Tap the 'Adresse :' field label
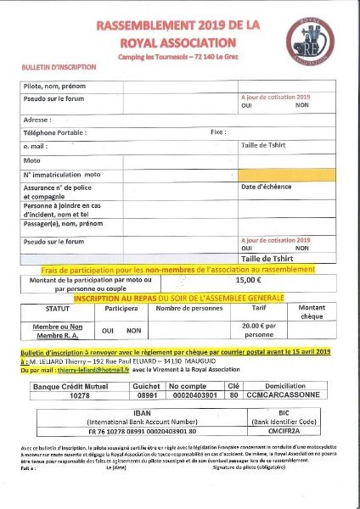tap(38, 120)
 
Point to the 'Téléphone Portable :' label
tap(55, 132)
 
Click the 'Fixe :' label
tap(218, 132)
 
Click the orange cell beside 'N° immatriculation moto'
tap(286, 174)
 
